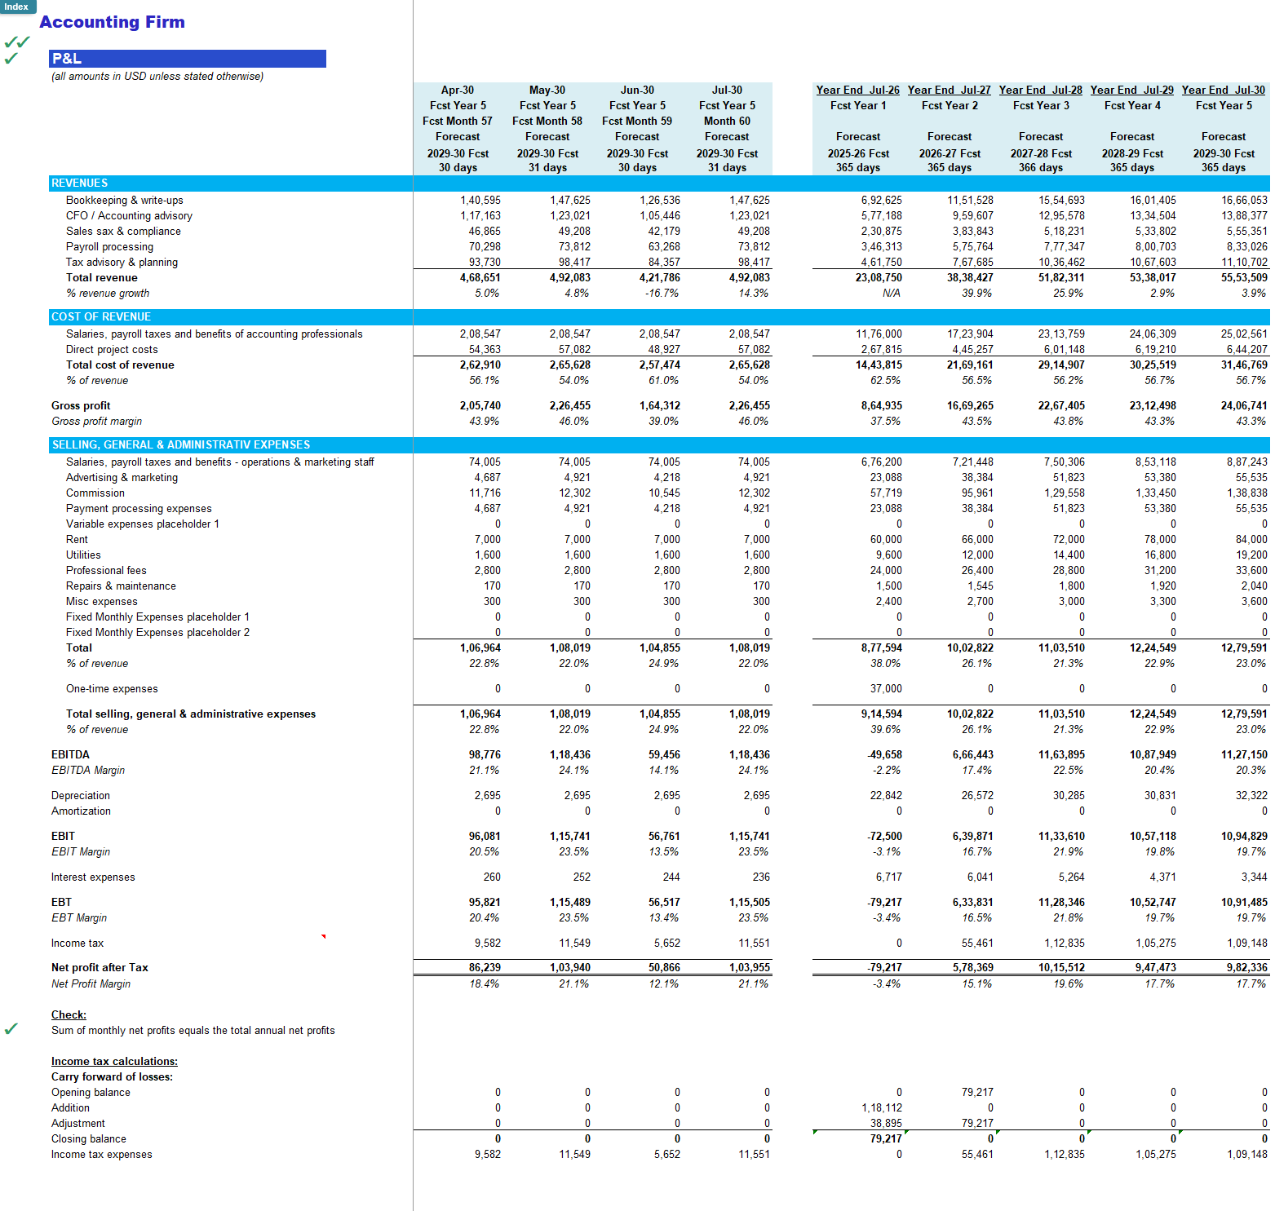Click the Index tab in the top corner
17,7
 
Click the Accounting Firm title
112,22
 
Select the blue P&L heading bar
188,59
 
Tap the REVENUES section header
79,183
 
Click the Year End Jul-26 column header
857,91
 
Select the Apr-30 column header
457,91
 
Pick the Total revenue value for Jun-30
659,278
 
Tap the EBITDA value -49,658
884,755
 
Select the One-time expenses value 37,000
886,689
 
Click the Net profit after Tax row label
100,968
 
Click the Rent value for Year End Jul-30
1251,540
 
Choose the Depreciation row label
80,796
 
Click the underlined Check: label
69,1015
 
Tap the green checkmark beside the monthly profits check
11,1029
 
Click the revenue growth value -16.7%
662,294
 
